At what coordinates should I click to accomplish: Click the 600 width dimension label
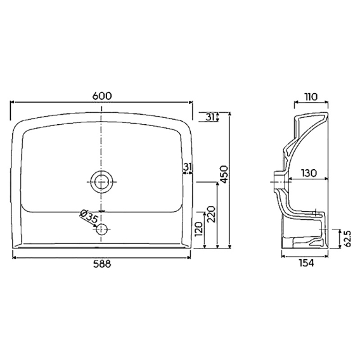pos(102,96)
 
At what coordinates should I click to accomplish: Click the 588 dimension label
pos(102,264)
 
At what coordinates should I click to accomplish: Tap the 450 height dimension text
pos(224,174)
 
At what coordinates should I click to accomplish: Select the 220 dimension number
pos(211,214)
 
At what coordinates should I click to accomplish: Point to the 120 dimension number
pos(199,229)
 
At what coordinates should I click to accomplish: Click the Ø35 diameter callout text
pos(89,217)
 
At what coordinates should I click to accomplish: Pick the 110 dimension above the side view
pos(311,97)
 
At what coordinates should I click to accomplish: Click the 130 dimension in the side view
pos(309,173)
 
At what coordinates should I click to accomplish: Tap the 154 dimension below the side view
pos(306,263)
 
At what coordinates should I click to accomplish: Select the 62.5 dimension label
pos(347,239)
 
